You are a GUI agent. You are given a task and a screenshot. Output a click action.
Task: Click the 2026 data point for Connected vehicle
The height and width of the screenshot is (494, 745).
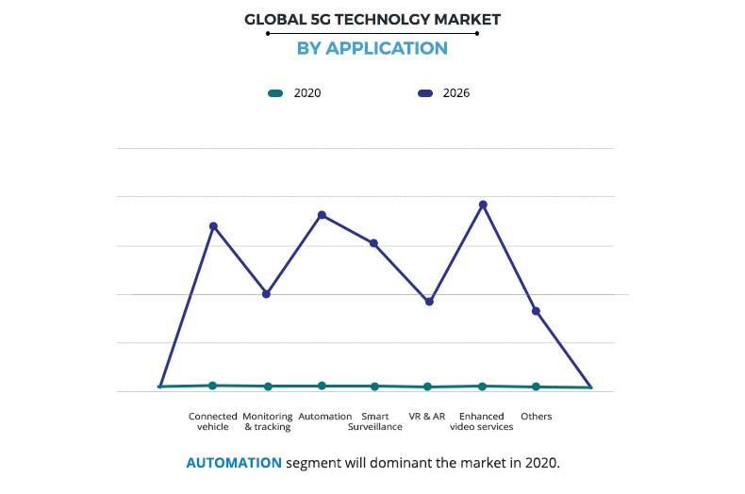coord(213,226)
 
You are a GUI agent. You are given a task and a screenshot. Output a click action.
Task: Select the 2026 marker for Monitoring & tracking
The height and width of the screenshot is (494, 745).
coord(267,294)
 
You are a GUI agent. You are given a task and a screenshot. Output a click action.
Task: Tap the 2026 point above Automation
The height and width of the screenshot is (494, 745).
coord(322,215)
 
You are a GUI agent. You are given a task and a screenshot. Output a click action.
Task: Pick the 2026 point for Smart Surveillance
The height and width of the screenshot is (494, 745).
coord(374,243)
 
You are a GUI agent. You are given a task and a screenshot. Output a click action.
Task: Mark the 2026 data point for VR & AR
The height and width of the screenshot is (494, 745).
coord(429,302)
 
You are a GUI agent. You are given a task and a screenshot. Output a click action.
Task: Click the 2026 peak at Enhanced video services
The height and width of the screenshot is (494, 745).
coord(483,205)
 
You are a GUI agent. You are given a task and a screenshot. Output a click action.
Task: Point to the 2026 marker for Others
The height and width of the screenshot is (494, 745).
coord(536,311)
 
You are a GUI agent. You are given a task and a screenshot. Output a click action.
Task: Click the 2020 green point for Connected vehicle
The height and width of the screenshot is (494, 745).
coord(213,386)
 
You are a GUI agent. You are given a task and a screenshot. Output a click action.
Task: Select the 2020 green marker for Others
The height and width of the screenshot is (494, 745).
coord(536,387)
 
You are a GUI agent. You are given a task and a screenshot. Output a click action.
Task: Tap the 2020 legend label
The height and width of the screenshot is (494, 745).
coord(307,93)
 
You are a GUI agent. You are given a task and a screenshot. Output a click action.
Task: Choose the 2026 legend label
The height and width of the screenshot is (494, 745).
coord(455,93)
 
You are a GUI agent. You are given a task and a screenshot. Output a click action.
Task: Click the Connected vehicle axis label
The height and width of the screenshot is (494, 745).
coord(213,421)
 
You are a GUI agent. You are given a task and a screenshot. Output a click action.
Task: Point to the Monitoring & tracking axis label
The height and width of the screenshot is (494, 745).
coord(267,421)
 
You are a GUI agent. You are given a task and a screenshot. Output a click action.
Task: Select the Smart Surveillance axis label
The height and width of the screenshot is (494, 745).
coord(374,421)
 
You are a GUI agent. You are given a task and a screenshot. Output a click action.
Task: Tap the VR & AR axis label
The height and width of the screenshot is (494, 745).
coord(426,416)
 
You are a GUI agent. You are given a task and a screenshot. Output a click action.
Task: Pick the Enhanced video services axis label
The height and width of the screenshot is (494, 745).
coord(482,421)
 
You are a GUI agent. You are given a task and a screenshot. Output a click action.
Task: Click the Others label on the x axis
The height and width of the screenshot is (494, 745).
coord(536,416)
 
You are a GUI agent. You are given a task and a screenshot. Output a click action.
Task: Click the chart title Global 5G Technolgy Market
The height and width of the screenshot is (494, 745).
coord(372,18)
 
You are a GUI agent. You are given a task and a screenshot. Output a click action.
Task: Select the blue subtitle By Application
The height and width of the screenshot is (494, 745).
coord(372,48)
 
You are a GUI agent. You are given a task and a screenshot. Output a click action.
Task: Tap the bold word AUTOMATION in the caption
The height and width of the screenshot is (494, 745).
coord(234,463)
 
